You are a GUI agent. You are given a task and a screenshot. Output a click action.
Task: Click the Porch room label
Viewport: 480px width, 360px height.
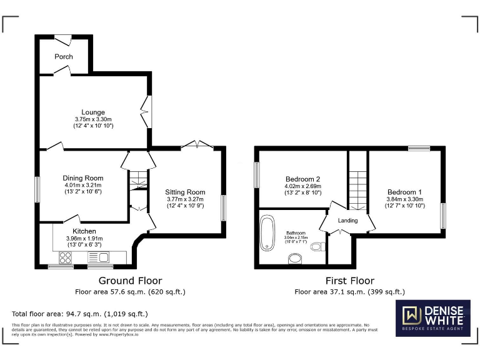click(64, 56)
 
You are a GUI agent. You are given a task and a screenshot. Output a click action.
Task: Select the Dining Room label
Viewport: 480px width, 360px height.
click(82, 178)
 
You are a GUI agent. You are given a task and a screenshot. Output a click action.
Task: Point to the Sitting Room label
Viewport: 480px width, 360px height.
click(185, 192)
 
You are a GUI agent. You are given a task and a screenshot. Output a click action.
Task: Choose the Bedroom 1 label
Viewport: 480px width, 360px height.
click(404, 192)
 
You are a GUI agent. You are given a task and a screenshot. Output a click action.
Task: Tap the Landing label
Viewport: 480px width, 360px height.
click(347, 221)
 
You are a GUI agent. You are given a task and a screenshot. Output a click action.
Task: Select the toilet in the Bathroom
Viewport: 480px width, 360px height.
click(317, 247)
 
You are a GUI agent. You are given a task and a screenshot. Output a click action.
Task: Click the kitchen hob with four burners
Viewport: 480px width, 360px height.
click(65, 257)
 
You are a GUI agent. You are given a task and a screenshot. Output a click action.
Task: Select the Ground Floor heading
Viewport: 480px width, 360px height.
click(131, 281)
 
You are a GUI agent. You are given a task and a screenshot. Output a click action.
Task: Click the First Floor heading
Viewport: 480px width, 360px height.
click(350, 281)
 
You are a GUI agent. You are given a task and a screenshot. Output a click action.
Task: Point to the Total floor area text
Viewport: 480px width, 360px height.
click(80, 314)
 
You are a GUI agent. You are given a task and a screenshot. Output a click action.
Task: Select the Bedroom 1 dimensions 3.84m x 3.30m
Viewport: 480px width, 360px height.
click(404, 199)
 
